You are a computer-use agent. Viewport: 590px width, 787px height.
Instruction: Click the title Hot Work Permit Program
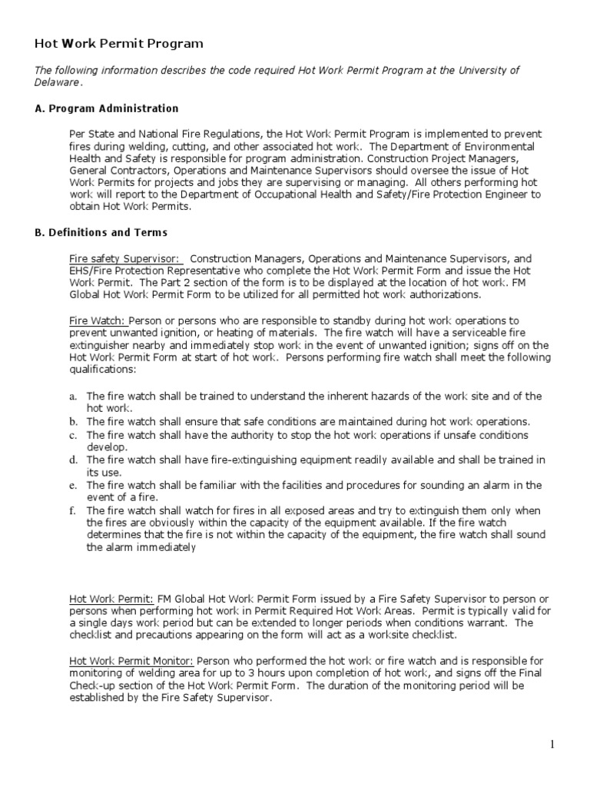click(119, 44)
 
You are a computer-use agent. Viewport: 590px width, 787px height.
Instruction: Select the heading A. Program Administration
click(107, 108)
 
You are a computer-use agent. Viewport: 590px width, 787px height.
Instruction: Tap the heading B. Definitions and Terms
click(101, 232)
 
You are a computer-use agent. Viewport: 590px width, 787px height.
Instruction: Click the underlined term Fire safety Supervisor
click(124, 259)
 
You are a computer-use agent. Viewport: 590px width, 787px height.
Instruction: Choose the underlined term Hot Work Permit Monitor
click(131, 660)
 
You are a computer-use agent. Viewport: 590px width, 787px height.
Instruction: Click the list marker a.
click(73, 396)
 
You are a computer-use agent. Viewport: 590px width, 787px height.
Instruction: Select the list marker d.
click(73, 460)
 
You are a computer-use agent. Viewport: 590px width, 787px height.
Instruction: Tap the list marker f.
click(72, 510)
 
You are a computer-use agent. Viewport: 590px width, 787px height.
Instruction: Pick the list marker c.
click(73, 435)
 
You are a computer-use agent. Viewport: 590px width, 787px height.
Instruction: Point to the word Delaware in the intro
click(56, 82)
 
